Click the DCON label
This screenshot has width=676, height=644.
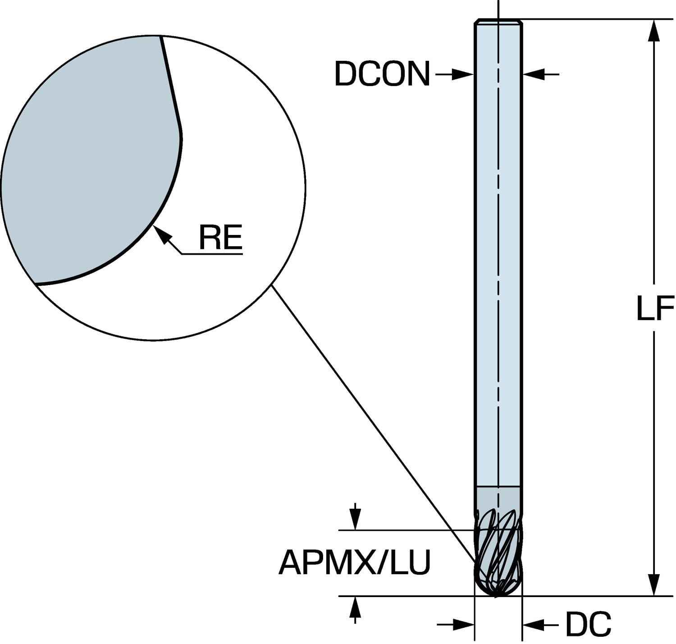pos(382,74)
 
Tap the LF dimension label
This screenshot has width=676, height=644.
pos(654,309)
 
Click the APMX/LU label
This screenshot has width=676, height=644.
pos(355,563)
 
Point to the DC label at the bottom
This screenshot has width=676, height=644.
pos(588,625)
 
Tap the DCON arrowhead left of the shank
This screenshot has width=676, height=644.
pos(464,74)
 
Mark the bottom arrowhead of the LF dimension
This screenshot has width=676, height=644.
pos(653,584)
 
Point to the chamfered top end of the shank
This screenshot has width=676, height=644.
pos(499,21)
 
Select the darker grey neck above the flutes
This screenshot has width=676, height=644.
pos(499,498)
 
